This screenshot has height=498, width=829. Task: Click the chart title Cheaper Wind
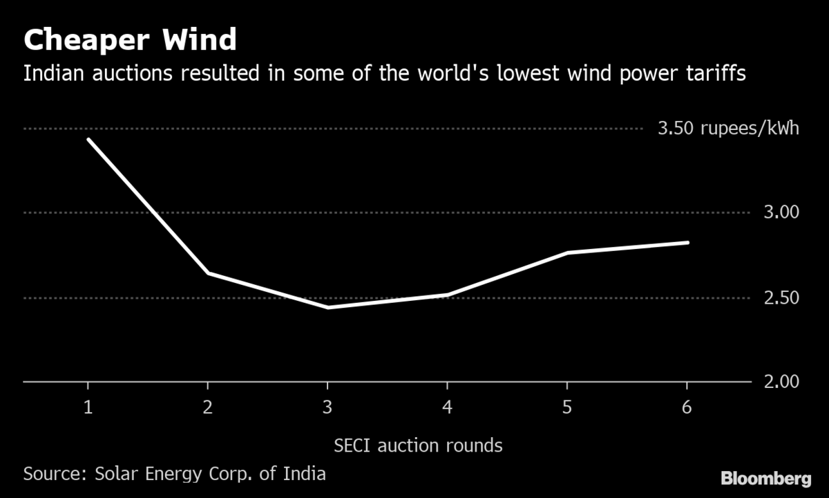point(130,40)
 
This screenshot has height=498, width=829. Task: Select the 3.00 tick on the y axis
point(780,212)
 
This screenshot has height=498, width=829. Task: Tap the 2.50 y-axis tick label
point(780,298)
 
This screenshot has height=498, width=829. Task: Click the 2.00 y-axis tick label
point(780,382)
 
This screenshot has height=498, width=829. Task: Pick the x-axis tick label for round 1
point(88,408)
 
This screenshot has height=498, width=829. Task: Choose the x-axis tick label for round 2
point(207,408)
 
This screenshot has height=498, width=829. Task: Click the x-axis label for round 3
point(327,408)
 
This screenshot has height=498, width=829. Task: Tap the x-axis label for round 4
point(448,408)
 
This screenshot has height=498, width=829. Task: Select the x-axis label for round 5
point(567,408)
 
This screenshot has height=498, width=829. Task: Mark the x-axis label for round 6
point(687,408)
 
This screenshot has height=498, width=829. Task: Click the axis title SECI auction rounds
point(419,445)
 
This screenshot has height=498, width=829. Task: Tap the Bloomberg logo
point(765,478)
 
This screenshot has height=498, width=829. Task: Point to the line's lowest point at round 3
point(327,307)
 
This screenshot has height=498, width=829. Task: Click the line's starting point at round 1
point(88,139)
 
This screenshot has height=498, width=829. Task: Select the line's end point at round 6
point(687,243)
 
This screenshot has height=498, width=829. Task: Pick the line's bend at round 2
point(207,273)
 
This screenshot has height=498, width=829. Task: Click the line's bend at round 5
point(567,253)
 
